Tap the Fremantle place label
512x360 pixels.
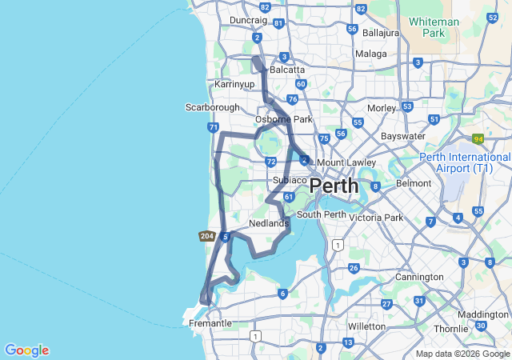tap(210, 324)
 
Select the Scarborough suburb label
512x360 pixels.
tap(212, 107)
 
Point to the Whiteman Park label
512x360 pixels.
tap(433, 27)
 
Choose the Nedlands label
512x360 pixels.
tap(268, 223)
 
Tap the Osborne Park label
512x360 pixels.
tap(283, 119)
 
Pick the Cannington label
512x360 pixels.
tap(419, 277)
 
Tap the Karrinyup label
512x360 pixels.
tap(234, 83)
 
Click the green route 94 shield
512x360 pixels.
tap(478, 138)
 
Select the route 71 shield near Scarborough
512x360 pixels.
tap(213, 127)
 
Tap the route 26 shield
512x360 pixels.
tap(354, 268)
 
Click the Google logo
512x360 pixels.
tap(26, 350)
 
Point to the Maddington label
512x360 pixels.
tap(483, 314)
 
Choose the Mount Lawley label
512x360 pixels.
tap(346, 162)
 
